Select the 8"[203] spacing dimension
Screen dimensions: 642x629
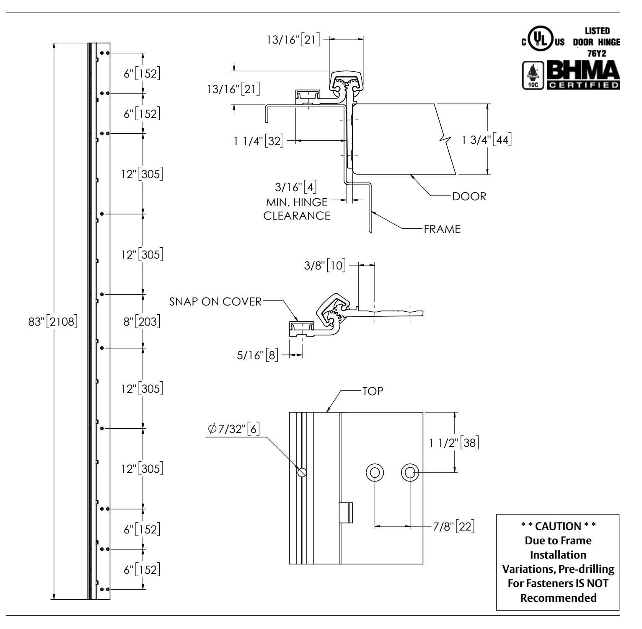pos(141,322)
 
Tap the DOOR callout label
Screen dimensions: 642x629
pos(469,197)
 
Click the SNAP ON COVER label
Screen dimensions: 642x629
pos(215,302)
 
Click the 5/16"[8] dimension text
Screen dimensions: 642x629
pos(259,355)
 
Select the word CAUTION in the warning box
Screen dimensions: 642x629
pos(557,525)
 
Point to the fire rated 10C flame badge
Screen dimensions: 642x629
pos(531,75)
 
